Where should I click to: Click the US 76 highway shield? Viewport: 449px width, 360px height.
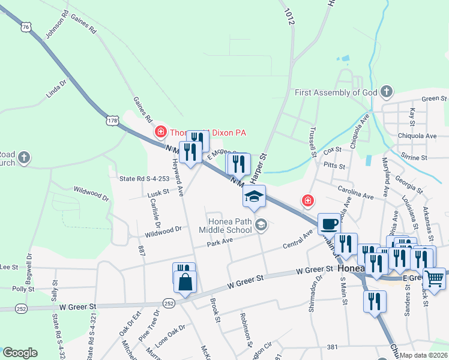pos(25,27)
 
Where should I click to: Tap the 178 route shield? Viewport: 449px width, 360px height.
pos(112,121)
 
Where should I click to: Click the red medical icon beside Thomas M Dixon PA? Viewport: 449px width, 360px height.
pos(160,132)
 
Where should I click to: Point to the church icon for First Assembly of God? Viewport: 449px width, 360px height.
pos(387,92)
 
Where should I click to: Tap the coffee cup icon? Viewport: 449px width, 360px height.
pos(328,224)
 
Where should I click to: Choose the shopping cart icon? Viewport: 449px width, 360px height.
pos(434,278)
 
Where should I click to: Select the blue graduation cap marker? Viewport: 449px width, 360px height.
pos(254,196)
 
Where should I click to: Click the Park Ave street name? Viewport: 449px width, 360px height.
pos(219,241)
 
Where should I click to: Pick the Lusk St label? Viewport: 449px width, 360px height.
pos(159,194)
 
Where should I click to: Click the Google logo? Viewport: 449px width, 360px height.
pos(20,353)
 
